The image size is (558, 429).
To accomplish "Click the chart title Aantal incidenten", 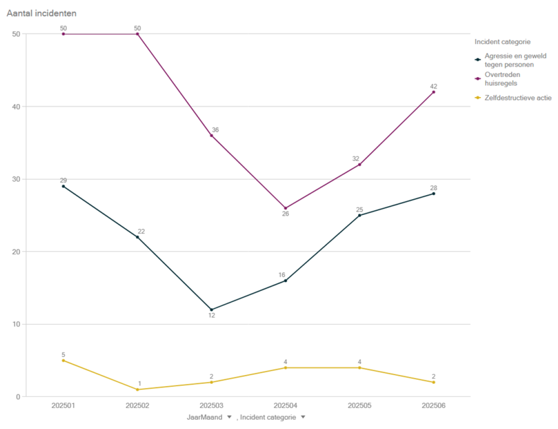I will [41, 13].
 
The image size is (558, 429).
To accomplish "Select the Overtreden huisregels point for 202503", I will [212, 136].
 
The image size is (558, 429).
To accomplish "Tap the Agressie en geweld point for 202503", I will [212, 310].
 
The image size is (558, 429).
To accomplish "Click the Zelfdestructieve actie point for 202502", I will [137, 390].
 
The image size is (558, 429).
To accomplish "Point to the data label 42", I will [434, 86].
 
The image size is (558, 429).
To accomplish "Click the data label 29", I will [64, 180].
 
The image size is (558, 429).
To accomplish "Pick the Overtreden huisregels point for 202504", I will [286, 208].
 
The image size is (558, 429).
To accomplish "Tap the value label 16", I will [282, 275].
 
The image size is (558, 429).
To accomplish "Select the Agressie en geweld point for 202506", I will [434, 194].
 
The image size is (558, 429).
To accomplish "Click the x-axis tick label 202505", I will [359, 405].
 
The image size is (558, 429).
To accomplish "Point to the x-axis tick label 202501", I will [64, 405].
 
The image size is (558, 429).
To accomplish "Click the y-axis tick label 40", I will [16, 107].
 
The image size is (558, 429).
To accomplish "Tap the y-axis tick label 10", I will [16, 324].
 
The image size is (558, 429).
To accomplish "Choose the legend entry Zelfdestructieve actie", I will [518, 98].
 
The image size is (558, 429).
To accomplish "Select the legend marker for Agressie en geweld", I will [478, 59].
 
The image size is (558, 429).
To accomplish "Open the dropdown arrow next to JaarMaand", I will [229, 417].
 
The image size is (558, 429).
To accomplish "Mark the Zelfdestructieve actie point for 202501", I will [64, 360].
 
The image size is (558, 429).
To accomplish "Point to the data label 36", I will [215, 130].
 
